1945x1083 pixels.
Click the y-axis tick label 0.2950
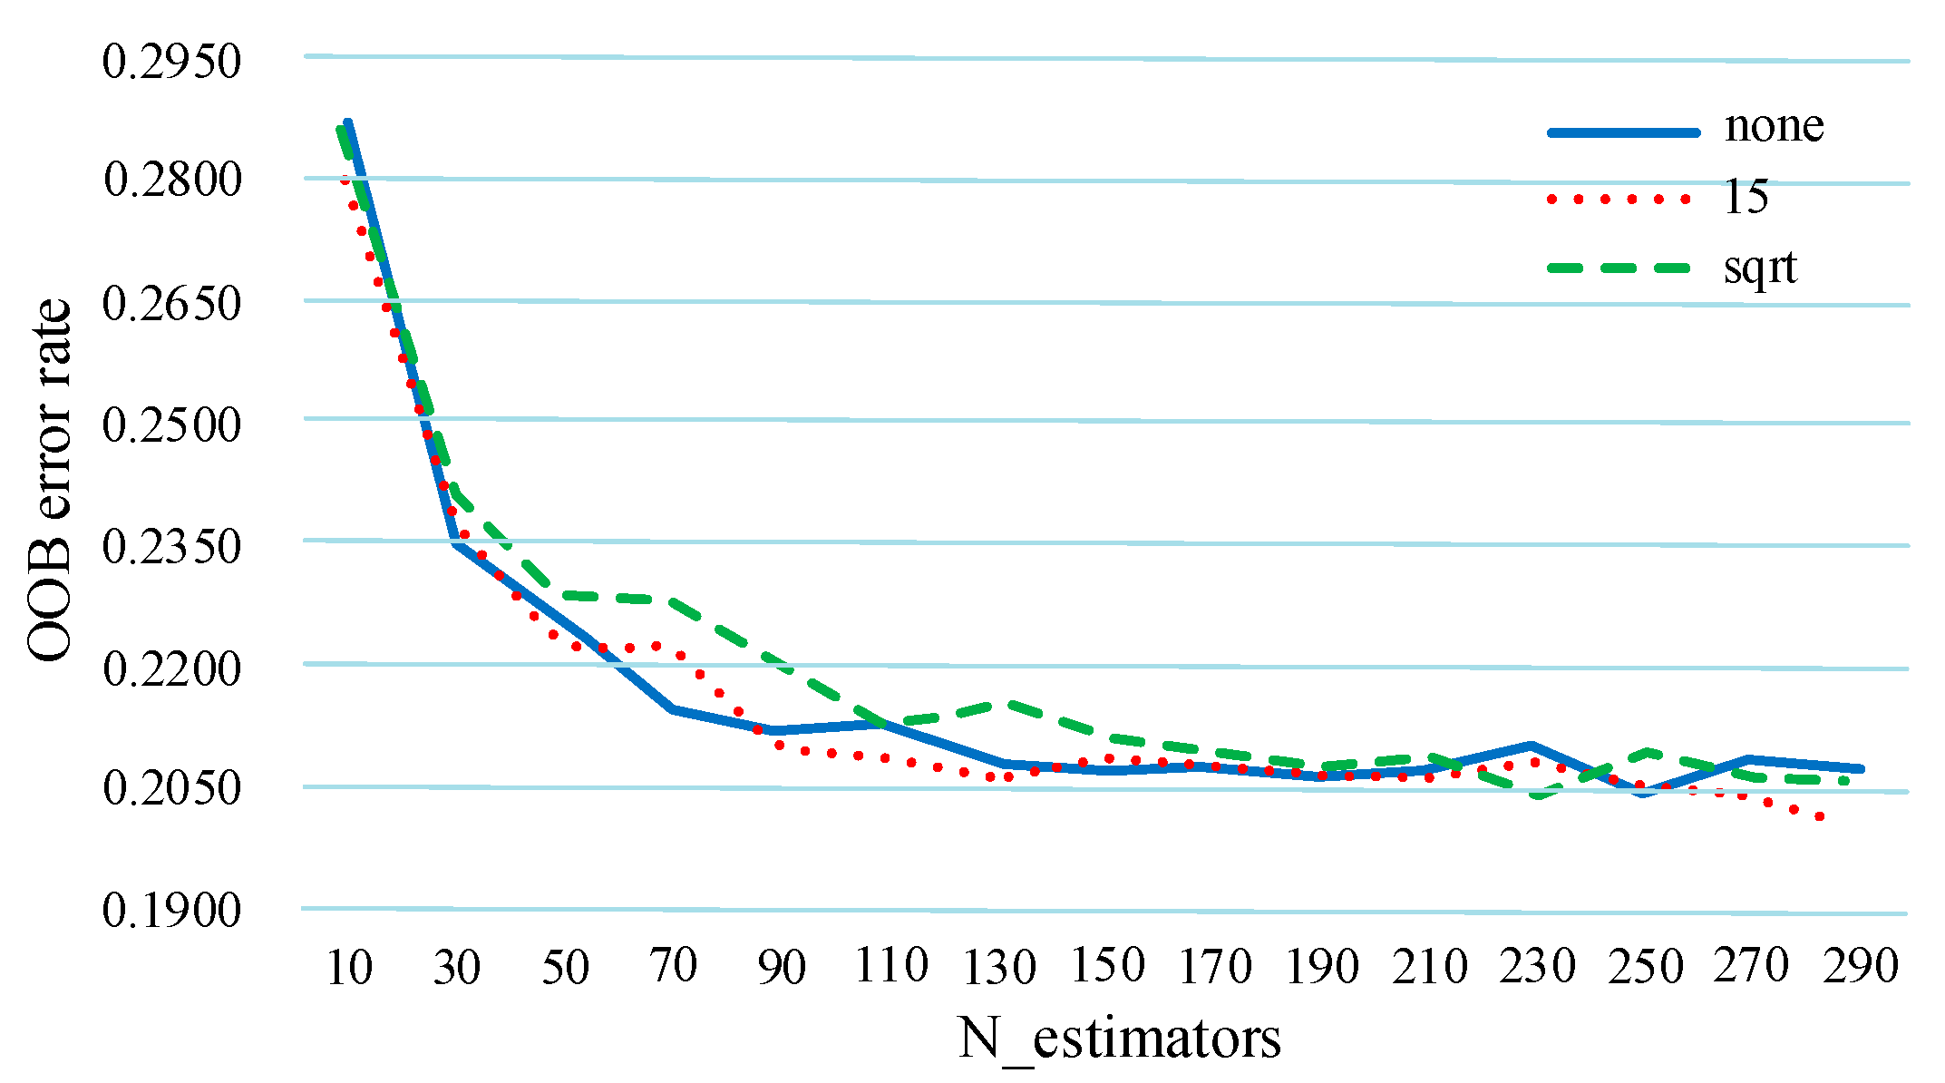click(171, 63)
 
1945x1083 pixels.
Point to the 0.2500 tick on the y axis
click(171, 425)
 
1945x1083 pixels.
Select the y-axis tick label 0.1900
click(171, 910)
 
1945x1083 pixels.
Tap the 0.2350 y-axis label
click(171, 547)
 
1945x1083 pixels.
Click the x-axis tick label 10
click(348, 967)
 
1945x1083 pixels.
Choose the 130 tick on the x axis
click(998, 967)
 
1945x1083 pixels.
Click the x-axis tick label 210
click(1430, 967)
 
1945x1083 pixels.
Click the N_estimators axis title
click(1119, 1039)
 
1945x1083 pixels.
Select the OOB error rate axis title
click(49, 481)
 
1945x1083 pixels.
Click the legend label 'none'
click(1774, 126)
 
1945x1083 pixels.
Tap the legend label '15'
click(1746, 197)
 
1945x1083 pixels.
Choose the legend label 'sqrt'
click(1759, 268)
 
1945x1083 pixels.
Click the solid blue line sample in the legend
click(1622, 132)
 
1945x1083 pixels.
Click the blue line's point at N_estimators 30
click(456, 543)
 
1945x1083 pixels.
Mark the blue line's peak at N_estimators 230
click(1531, 746)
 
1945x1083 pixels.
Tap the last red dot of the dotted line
click(1819, 817)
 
